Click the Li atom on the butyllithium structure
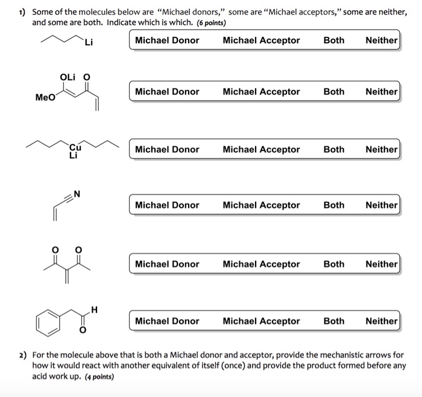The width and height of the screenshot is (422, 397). pyautogui.click(x=89, y=42)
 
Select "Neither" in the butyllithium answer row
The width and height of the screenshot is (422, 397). pyautogui.click(x=381, y=40)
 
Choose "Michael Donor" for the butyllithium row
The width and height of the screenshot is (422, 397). pyautogui.click(x=167, y=40)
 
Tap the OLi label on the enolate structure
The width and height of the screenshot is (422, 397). pyautogui.click(x=68, y=77)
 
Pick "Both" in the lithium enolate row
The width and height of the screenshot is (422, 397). pyautogui.click(x=334, y=92)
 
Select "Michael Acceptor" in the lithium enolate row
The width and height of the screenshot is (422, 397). pyautogui.click(x=261, y=92)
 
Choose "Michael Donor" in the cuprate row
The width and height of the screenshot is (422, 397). pyautogui.click(x=167, y=149)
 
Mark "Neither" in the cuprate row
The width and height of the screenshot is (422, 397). pyautogui.click(x=381, y=149)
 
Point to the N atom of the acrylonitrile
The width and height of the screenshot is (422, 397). pyautogui.click(x=77, y=194)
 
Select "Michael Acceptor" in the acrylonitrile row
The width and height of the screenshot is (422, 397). pyautogui.click(x=261, y=205)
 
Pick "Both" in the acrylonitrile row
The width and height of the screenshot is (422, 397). pyautogui.click(x=334, y=205)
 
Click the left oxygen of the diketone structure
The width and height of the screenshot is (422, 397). pyautogui.click(x=55, y=249)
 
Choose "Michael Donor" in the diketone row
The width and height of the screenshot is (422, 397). pyautogui.click(x=167, y=264)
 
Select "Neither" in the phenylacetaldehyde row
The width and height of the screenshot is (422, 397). pyautogui.click(x=381, y=321)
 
